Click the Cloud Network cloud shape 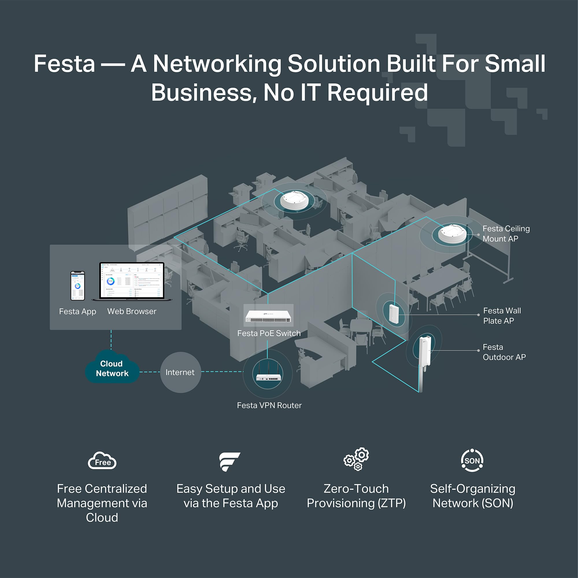pyautogui.click(x=112, y=368)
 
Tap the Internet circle pyautogui.click(x=180, y=372)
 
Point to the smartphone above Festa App pyautogui.click(x=77, y=286)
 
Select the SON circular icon pyautogui.click(x=472, y=460)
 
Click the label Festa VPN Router pyautogui.click(x=269, y=405)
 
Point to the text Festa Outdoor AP pyautogui.click(x=504, y=352)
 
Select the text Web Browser pyautogui.click(x=131, y=312)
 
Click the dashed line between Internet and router pyautogui.click(x=222, y=372)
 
